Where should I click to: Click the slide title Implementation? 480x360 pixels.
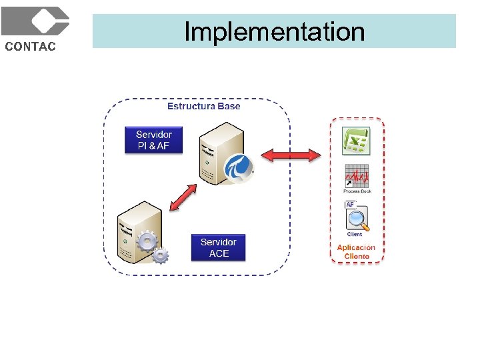click(x=274, y=31)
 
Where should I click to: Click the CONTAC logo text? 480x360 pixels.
click(x=31, y=46)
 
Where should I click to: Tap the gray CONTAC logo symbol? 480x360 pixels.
click(x=35, y=21)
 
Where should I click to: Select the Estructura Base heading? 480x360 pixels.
click(x=203, y=106)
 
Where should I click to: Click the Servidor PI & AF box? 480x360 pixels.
click(x=153, y=140)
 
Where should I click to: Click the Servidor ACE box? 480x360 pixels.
click(x=218, y=247)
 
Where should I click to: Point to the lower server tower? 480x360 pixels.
click(x=138, y=233)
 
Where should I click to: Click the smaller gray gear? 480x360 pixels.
click(x=161, y=255)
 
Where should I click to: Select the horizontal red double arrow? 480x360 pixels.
click(x=291, y=155)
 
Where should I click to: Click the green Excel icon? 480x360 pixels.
click(x=355, y=141)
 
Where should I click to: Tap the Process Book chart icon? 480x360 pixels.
click(x=357, y=176)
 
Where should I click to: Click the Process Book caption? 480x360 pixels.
click(x=357, y=191)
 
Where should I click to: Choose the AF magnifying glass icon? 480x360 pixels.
click(x=357, y=217)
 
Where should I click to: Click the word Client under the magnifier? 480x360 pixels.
click(x=355, y=234)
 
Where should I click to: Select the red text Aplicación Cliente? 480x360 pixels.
click(x=356, y=251)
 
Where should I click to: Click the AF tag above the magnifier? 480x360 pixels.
click(x=350, y=204)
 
